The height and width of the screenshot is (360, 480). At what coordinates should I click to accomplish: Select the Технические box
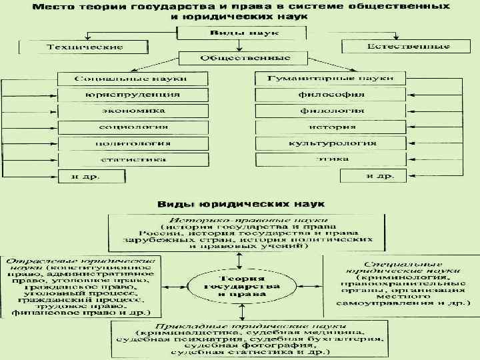tap(85, 47)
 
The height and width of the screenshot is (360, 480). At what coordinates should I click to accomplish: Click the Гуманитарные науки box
tap(331, 78)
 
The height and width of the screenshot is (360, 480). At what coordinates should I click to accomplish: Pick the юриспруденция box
tap(132, 95)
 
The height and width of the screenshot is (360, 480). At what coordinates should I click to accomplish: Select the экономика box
tap(132, 111)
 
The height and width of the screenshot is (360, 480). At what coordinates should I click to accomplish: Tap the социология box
tap(132, 127)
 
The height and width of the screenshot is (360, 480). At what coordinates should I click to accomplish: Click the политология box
tap(132, 143)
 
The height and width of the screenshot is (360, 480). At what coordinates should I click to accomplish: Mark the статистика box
tap(132, 160)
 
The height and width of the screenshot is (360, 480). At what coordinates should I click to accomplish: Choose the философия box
tap(331, 95)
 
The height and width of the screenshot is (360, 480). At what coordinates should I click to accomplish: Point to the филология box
tap(331, 111)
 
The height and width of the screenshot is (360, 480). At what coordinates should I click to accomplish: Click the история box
tap(331, 127)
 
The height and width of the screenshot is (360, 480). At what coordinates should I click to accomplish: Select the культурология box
tap(331, 143)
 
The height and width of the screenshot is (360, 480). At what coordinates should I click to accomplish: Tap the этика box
tap(331, 160)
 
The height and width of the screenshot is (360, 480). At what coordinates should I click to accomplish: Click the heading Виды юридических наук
tap(240, 202)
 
